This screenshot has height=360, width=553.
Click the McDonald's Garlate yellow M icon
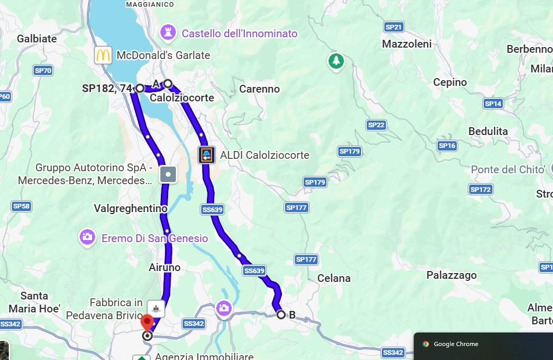[103, 55]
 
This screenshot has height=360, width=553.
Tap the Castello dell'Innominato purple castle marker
[167, 32]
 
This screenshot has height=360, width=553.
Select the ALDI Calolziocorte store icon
[206, 155]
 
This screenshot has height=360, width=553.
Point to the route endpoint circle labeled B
[281, 314]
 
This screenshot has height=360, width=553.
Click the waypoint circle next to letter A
[168, 84]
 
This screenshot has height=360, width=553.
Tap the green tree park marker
[336, 61]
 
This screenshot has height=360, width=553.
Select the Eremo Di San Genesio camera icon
[87, 237]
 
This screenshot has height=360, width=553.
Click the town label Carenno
[259, 89]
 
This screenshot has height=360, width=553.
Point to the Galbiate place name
[37, 39]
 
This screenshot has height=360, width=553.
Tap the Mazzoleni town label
[407, 44]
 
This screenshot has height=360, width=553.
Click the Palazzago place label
[451, 275]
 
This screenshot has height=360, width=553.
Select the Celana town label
[334, 278]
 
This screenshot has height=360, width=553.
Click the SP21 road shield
[394, 27]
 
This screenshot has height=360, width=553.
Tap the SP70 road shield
[43, 70]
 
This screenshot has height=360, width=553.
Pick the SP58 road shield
[22, 206]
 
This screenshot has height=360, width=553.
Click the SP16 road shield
[447, 146]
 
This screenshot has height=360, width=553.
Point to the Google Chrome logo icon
[426, 344]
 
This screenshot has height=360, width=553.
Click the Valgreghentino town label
[130, 208]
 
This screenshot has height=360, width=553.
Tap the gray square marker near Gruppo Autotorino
[168, 174]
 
